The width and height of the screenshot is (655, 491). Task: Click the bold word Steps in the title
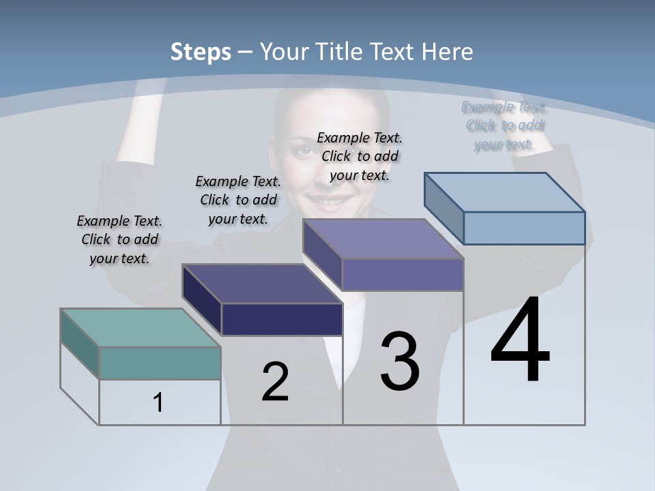pyautogui.click(x=201, y=52)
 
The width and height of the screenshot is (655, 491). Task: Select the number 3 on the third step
pyautogui.click(x=400, y=361)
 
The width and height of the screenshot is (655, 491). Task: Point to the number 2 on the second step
pyautogui.click(x=275, y=382)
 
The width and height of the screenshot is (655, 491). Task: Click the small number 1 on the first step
pyautogui.click(x=158, y=402)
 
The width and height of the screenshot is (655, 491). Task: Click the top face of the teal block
pyautogui.click(x=140, y=327)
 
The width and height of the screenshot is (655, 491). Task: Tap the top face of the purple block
pyautogui.click(x=383, y=239)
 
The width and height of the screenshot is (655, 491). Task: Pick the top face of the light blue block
pyautogui.click(x=505, y=192)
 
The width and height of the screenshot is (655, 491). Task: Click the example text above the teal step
pyautogui.click(x=120, y=239)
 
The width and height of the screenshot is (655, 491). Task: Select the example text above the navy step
pyautogui.click(x=238, y=200)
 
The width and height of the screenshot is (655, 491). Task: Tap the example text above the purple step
pyautogui.click(x=360, y=156)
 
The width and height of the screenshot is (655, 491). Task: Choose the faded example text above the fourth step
pyautogui.click(x=504, y=125)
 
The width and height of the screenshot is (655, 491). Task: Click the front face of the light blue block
pyautogui.click(x=524, y=228)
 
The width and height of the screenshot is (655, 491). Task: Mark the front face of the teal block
pyautogui.click(x=160, y=363)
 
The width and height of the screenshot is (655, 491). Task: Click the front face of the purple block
pyautogui.click(x=403, y=274)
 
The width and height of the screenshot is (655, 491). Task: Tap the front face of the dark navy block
pyautogui.click(x=282, y=319)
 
